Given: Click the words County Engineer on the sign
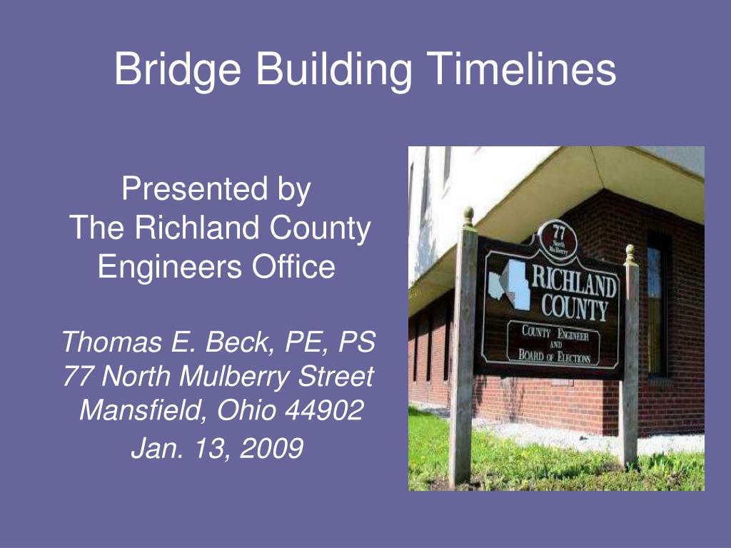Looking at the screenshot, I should click(x=555, y=333).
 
